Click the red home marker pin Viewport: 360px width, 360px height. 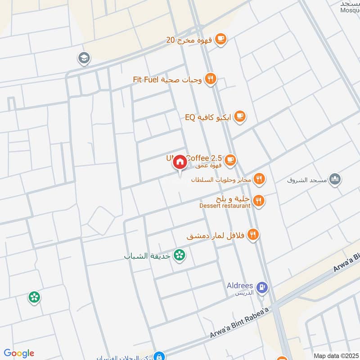[x=180, y=162]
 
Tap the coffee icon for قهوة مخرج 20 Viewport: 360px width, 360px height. [x=220, y=40]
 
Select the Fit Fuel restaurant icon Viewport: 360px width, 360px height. [x=210, y=80]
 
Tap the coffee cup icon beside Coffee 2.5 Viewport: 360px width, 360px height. [x=230, y=159]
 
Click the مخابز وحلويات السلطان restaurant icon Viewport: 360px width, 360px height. [x=259, y=179]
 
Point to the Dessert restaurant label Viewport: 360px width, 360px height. [x=225, y=206]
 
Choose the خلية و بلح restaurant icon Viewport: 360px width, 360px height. [x=258, y=200]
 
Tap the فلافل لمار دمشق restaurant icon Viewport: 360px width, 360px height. [x=252, y=234]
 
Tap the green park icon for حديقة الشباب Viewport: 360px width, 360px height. [x=180, y=255]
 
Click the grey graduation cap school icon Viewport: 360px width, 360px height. [x=84, y=58]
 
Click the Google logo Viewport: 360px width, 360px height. [x=19, y=353]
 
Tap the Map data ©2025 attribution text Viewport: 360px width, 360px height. [x=335, y=355]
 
